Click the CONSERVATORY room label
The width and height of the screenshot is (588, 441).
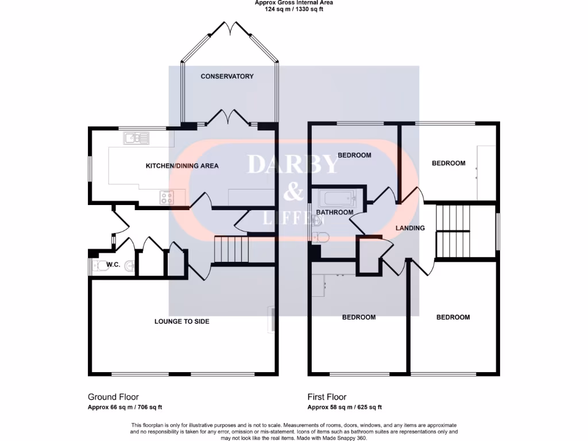coord(227,76)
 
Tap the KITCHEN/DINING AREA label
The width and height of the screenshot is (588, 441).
coord(182,166)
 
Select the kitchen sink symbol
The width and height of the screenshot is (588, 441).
coord(136,138)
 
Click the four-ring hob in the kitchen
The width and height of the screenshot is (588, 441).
coord(167,198)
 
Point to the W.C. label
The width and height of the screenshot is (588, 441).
coord(113,265)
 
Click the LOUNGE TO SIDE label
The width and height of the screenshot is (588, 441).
coord(181,322)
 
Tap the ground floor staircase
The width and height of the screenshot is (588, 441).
coord(232,248)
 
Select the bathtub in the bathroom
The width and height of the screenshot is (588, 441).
coord(339,199)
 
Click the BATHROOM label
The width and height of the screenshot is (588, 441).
coord(335,212)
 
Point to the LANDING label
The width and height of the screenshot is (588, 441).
coord(410,228)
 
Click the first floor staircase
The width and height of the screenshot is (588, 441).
coord(453,230)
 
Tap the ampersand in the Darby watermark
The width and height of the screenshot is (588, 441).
coord(293,192)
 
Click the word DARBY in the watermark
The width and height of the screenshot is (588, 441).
coord(293,165)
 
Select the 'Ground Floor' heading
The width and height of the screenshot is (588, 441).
coord(113,397)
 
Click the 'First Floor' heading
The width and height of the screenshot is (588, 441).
coord(327,397)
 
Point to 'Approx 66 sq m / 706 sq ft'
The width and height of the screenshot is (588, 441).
coord(125,407)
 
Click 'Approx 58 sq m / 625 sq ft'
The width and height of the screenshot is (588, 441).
coord(345,407)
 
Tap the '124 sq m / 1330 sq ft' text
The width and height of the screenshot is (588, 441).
coord(293,9)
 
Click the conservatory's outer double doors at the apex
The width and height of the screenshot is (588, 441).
coord(230,28)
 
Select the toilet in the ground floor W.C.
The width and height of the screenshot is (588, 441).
coord(100,265)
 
